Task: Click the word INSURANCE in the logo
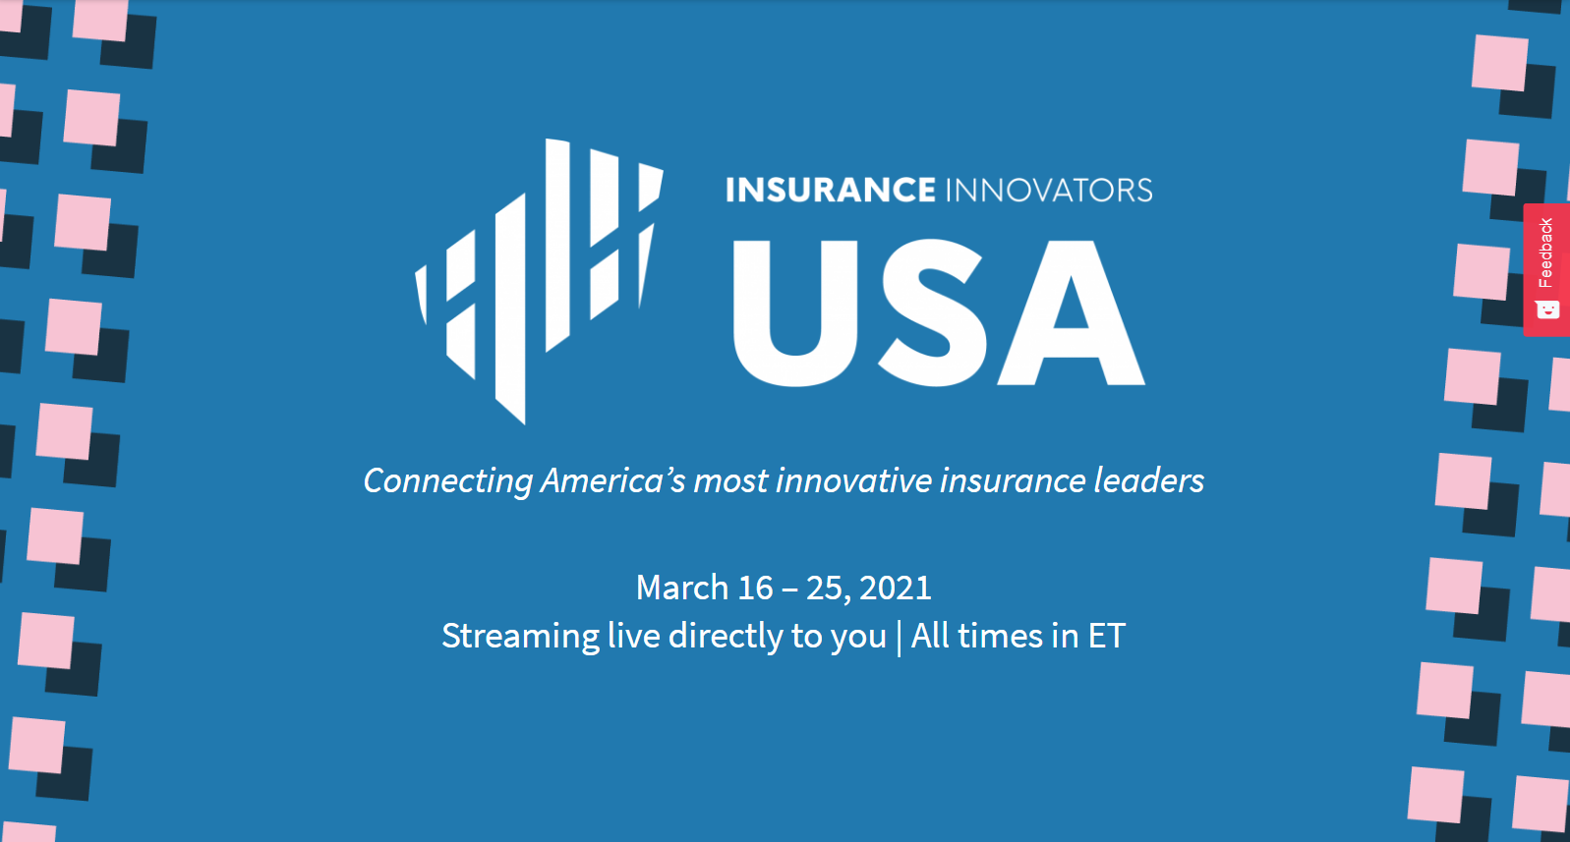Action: click(x=830, y=190)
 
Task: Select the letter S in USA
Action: click(x=932, y=312)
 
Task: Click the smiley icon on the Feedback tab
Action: click(x=1547, y=309)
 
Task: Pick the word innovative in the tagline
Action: click(x=853, y=481)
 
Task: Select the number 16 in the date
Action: click(x=755, y=588)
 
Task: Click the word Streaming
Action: click(x=520, y=637)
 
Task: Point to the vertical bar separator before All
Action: click(x=899, y=638)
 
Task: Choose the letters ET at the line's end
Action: click(x=1106, y=637)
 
